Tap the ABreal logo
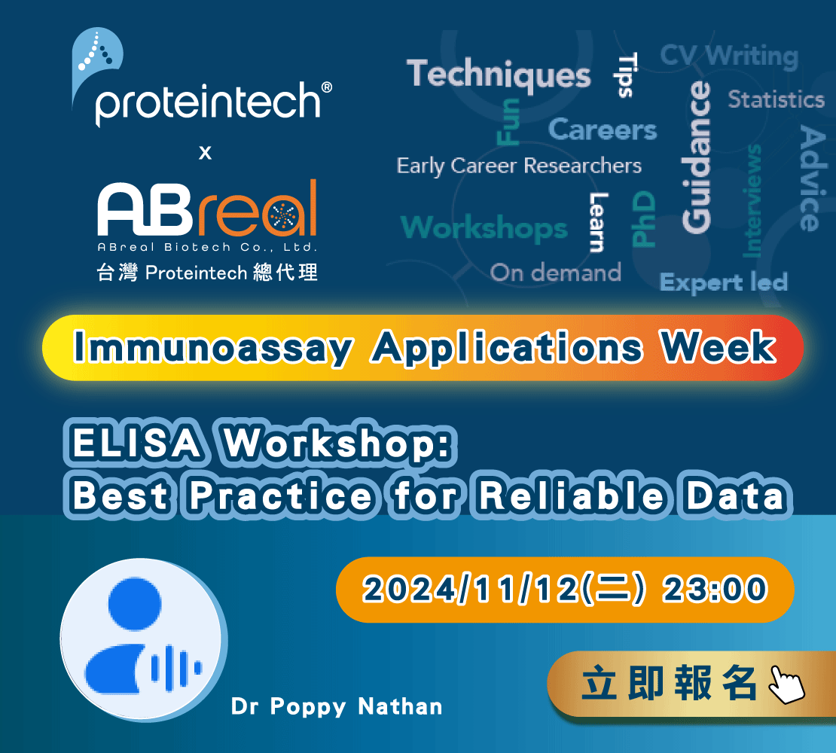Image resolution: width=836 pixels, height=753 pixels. tap(207, 208)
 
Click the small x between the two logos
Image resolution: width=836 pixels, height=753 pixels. tap(206, 153)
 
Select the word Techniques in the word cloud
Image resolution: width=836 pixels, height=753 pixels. tap(499, 75)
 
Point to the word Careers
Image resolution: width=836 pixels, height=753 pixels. tap(603, 130)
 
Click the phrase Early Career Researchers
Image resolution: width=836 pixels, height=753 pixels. tap(519, 166)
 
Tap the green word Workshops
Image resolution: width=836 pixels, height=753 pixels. tap(484, 228)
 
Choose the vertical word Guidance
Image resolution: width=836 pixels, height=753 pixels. tap(697, 157)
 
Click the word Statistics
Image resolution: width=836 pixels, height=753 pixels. tap(777, 99)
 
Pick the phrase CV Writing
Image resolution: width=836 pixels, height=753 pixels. tap(729, 56)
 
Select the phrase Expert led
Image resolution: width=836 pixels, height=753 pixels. tap(724, 282)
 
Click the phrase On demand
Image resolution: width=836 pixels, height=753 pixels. tap(556, 273)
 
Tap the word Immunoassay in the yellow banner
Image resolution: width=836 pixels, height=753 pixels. tap(212, 348)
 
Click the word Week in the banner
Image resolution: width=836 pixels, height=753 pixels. tap(718, 346)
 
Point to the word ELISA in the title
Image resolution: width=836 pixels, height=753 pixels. tap(137, 443)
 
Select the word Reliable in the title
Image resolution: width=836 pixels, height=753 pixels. tap(572, 495)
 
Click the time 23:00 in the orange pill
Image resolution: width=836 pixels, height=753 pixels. tap(715, 590)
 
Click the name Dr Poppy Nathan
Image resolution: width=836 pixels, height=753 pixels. tap(337, 706)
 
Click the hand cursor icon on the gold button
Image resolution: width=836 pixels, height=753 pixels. tap(786, 684)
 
